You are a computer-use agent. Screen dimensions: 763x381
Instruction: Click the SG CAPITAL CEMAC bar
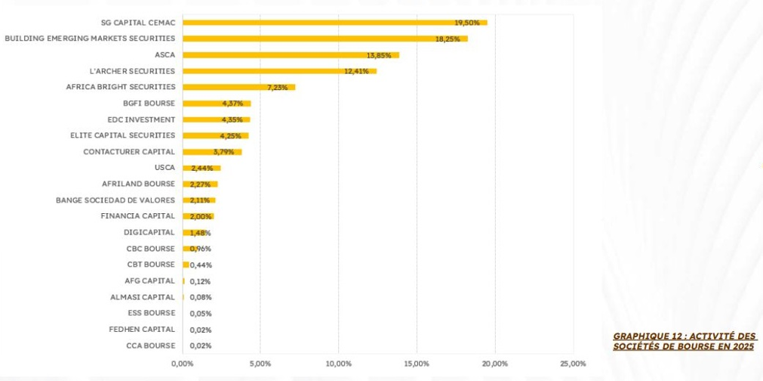[335, 23]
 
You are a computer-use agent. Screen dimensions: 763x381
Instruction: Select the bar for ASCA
[291, 55]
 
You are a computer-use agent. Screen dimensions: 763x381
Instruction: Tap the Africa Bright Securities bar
[239, 87]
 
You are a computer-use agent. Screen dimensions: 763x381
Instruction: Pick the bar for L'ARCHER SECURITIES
[280, 71]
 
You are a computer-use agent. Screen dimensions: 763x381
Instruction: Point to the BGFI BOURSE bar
[217, 104]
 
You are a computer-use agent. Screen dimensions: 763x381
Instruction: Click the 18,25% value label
[448, 39]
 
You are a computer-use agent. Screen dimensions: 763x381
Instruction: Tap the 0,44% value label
[201, 265]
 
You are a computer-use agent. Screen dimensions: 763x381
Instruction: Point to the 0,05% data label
[201, 314]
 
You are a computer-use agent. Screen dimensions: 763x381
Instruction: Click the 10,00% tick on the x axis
[338, 364]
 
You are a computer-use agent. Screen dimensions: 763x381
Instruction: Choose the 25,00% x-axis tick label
[573, 364]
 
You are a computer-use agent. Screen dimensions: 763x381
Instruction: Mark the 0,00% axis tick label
[182, 364]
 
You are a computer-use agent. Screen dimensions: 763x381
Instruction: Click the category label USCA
[165, 168]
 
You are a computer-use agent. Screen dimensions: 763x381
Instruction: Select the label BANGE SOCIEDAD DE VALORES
[115, 200]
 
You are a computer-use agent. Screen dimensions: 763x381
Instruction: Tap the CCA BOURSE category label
[150, 345]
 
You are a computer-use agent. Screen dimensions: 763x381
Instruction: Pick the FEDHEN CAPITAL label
[142, 330]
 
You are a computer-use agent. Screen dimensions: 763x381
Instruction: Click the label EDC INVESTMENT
[141, 119]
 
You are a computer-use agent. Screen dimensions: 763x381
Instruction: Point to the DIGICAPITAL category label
[149, 232]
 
